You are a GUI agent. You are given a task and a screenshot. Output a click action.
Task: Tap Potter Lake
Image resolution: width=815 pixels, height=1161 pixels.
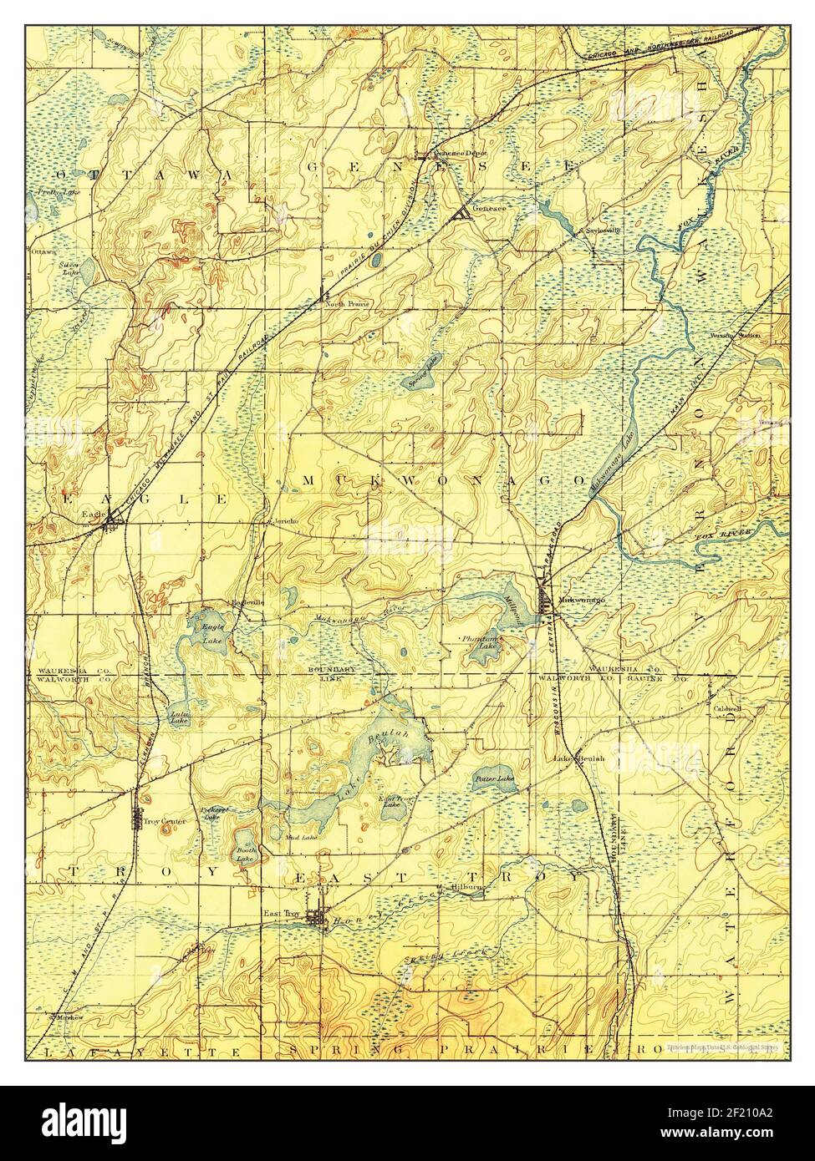[493, 778]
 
